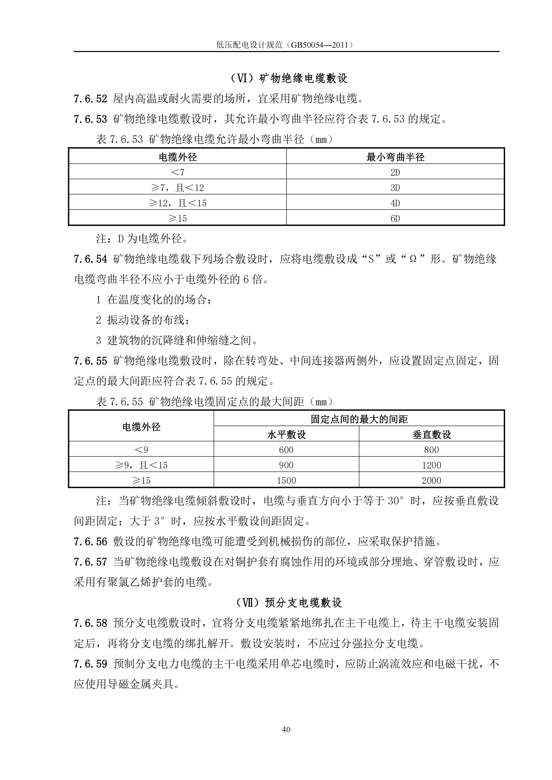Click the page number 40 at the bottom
(286, 729)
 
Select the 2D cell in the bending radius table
(395, 172)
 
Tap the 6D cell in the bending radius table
(395, 218)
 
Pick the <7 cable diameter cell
(178, 172)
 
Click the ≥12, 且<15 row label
(178, 203)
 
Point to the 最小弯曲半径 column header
(395, 157)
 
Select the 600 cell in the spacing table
(286, 450)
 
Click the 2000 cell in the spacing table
(431, 480)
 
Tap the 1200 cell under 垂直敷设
(431, 465)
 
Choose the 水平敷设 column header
(286, 435)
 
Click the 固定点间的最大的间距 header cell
(359, 419)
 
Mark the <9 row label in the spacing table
(141, 450)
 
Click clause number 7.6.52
(90, 99)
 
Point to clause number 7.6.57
(90, 562)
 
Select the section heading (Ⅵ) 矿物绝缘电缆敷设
(289, 78)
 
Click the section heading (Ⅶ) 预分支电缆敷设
(289, 603)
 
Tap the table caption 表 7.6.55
(119, 402)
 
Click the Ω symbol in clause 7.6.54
(412, 259)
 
